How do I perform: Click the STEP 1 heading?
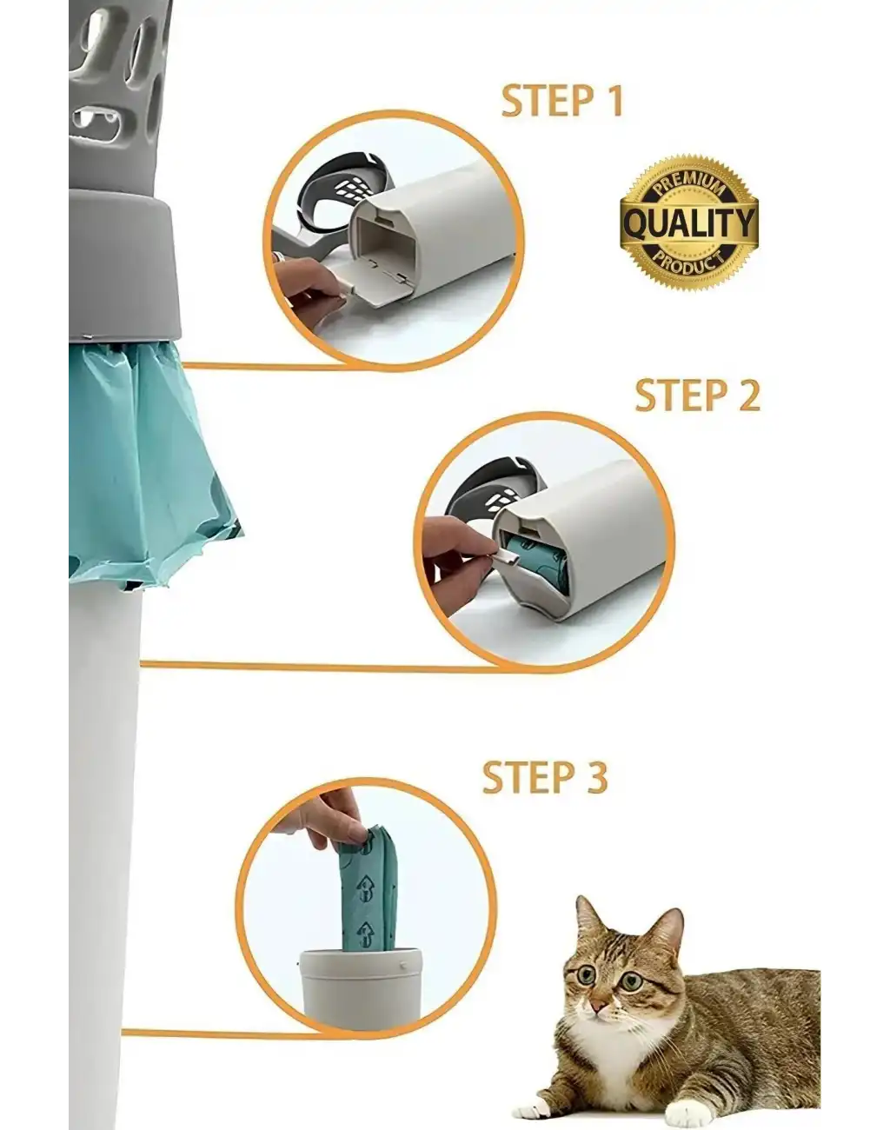point(562,101)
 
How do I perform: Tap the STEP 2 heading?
point(696,395)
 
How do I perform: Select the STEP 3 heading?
point(544,776)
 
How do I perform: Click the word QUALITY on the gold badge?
point(688,224)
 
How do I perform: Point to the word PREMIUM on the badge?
point(688,184)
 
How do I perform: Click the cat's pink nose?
point(597,1007)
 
